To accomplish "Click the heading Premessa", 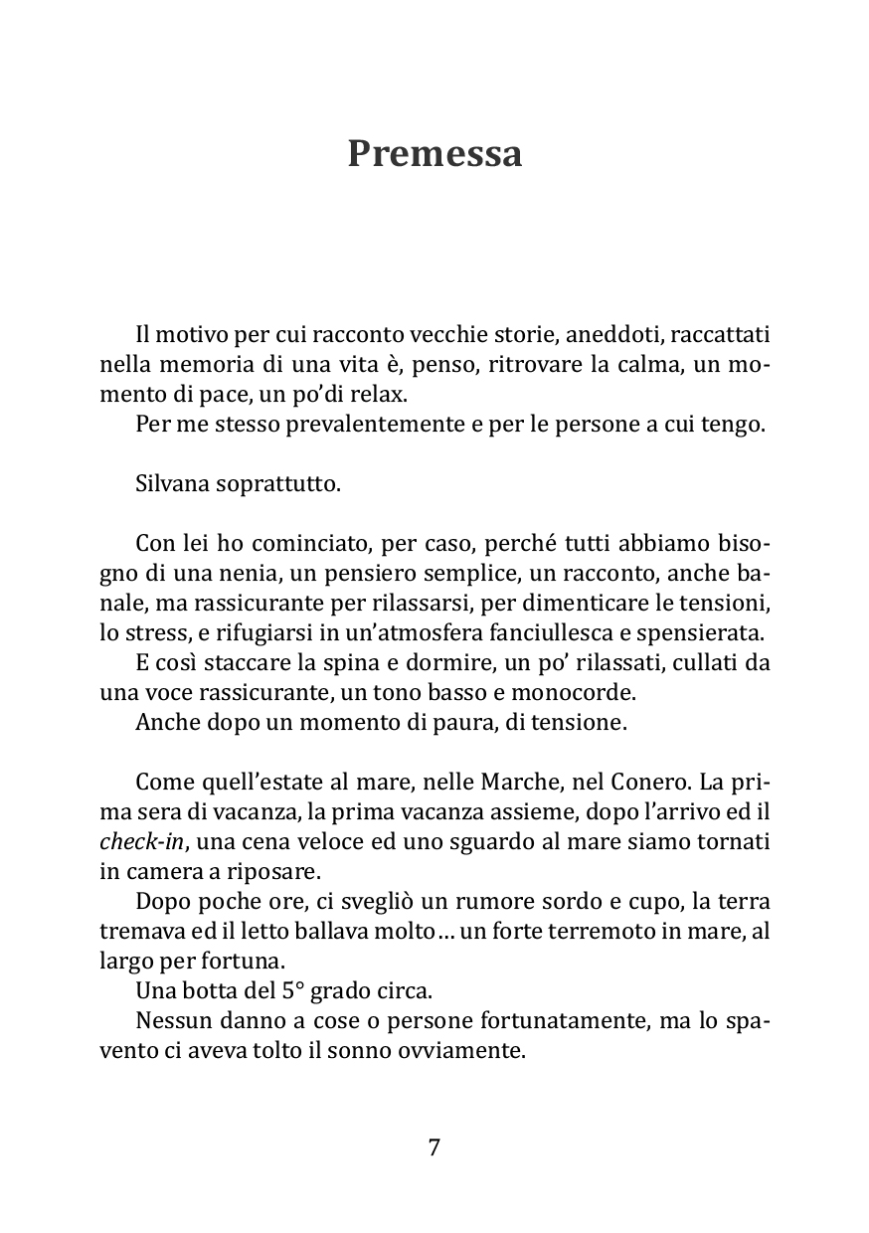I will [x=434, y=154].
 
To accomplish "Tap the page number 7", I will [x=434, y=1146].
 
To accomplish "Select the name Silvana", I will [x=169, y=484].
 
